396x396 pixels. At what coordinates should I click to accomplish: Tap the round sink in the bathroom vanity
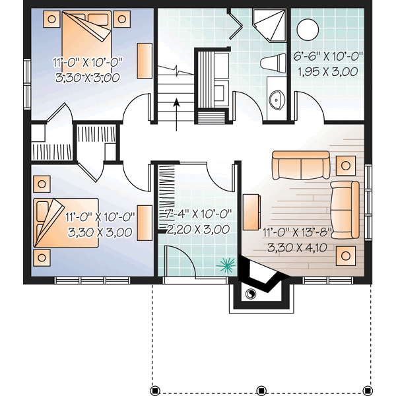(275, 99)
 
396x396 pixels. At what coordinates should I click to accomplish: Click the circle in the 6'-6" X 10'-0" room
(308, 30)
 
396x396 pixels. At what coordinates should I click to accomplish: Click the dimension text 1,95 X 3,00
(328, 70)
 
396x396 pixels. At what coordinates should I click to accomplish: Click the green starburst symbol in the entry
(227, 265)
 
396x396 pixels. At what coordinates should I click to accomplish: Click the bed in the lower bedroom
(66, 221)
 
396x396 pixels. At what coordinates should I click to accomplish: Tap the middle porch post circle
(261, 389)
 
